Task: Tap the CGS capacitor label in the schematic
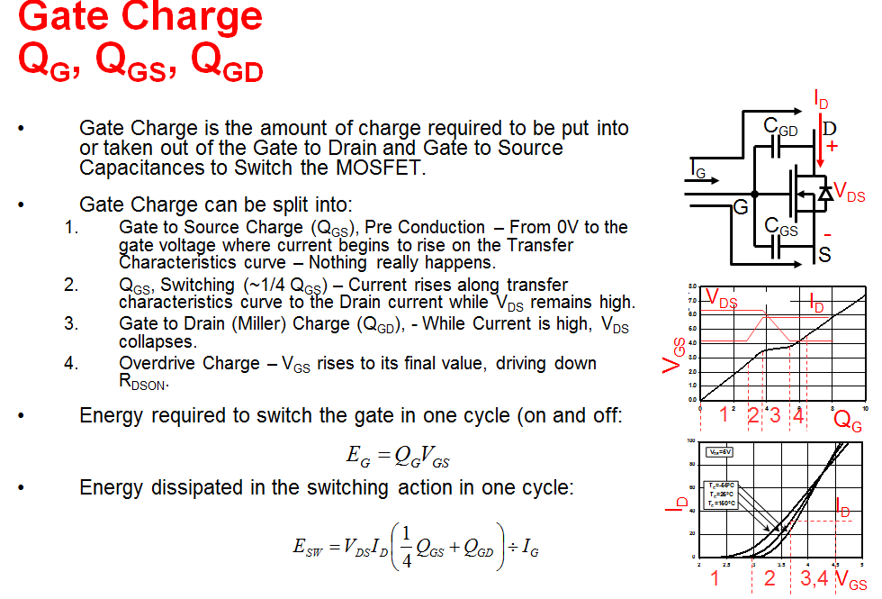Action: click(x=780, y=228)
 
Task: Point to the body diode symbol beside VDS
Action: click(x=823, y=194)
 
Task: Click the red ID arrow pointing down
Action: click(x=819, y=135)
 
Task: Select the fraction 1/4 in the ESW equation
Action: click(x=404, y=547)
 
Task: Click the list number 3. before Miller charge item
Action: click(x=71, y=323)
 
